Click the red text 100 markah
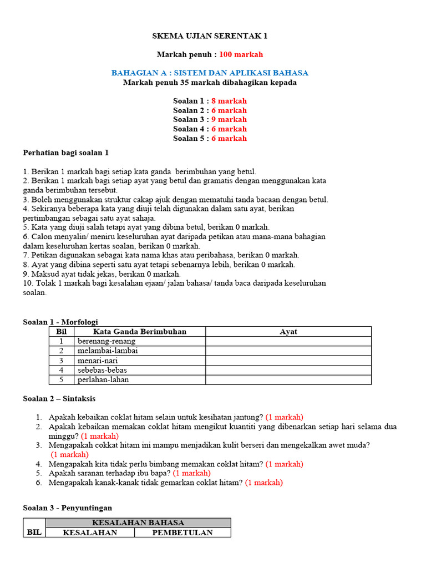point(241,54)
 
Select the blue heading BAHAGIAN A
point(210,73)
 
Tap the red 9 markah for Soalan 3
point(229,119)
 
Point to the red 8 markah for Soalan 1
point(229,101)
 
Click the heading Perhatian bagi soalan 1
point(69,153)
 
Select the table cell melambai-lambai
point(108,351)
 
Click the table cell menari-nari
point(98,361)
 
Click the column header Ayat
point(288,332)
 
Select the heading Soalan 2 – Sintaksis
point(63,398)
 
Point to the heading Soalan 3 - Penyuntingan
point(67,507)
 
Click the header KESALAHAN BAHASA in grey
point(138,523)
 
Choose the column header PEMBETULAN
point(183,532)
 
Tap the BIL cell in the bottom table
point(34,532)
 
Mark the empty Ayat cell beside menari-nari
point(288,361)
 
